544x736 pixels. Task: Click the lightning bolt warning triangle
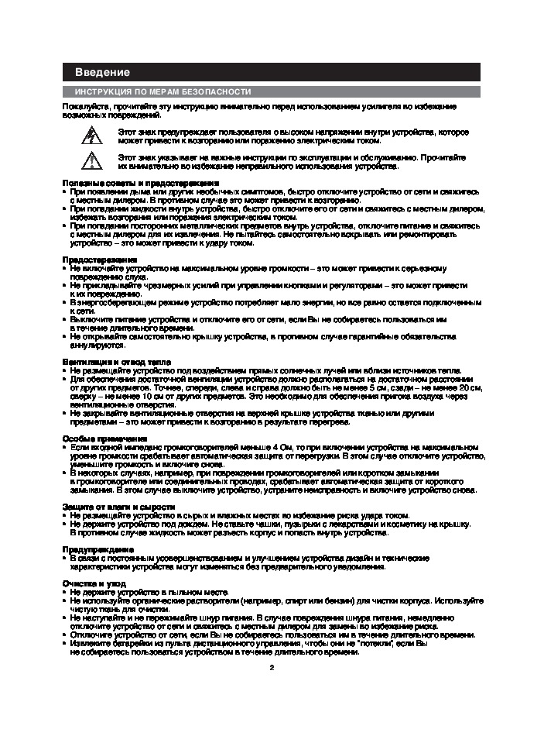tap(91, 136)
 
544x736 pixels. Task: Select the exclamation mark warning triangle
tap(91, 160)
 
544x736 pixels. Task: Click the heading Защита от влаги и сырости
tap(113, 506)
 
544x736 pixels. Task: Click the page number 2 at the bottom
tap(272, 667)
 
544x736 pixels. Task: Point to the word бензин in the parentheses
tap(336, 600)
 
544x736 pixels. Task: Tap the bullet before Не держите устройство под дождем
tap(65, 524)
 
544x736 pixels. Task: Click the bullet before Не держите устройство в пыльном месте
tap(65, 591)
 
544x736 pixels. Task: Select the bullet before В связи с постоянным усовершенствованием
tap(65, 558)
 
